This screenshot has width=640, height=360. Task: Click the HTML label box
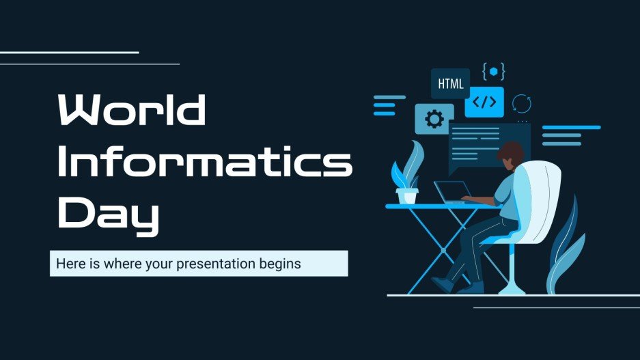450,84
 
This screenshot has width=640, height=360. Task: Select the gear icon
434,120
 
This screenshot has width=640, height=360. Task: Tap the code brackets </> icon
484,102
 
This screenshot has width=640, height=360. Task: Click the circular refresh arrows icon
522,103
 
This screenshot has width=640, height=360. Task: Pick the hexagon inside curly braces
493,71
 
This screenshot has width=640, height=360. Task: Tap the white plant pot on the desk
408,196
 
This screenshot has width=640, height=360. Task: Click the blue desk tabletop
437,206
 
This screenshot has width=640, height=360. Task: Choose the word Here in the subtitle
68,263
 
